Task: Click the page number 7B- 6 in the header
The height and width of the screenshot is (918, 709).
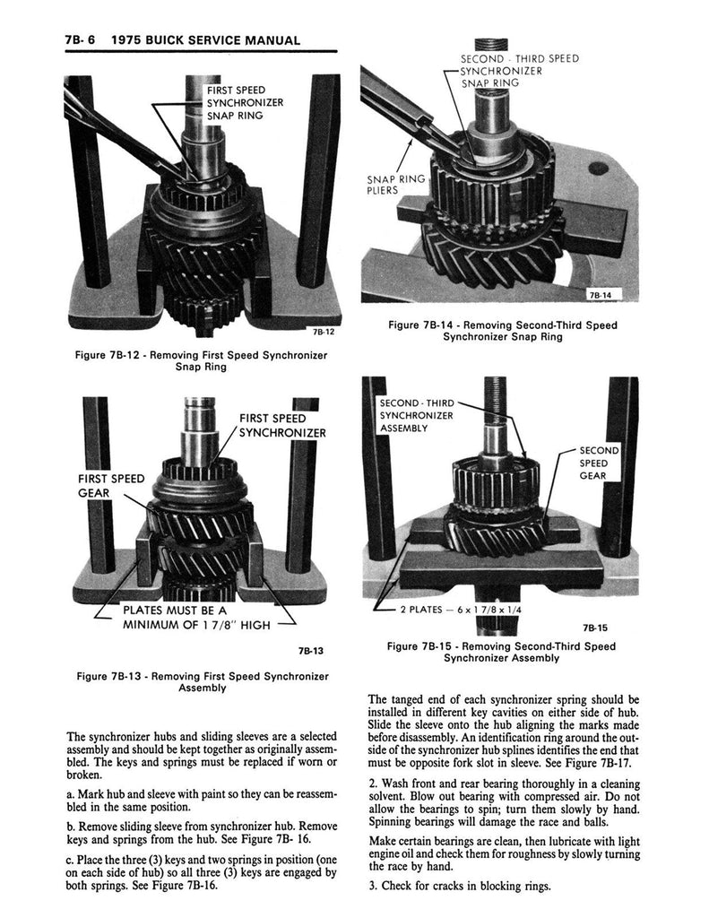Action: [x=80, y=40]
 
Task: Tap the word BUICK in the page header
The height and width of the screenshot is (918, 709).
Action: [x=167, y=40]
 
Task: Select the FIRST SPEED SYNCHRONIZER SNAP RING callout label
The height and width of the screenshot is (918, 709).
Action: [x=245, y=102]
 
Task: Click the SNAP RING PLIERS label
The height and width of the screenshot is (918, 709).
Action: [x=396, y=185]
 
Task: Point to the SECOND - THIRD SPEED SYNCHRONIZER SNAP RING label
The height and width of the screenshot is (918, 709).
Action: [x=519, y=71]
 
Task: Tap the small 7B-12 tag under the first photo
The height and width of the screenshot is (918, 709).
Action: [x=324, y=332]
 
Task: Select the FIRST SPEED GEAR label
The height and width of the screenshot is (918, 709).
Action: [x=111, y=486]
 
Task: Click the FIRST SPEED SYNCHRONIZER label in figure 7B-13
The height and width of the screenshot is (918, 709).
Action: [x=282, y=426]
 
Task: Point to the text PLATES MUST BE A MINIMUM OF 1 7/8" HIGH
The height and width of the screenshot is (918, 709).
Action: [x=196, y=618]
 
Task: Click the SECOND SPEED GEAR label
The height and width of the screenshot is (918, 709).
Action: [x=599, y=463]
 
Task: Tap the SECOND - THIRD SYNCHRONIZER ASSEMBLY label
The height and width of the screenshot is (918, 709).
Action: [x=416, y=415]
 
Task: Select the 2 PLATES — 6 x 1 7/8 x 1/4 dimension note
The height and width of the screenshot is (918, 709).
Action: [x=461, y=610]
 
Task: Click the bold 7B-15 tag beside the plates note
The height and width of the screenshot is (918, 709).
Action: [x=595, y=628]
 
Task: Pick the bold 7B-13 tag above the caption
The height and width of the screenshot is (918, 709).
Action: [x=310, y=651]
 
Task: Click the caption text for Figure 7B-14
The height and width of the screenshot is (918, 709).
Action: [x=502, y=331]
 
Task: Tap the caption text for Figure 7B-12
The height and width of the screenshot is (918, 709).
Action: [x=201, y=360]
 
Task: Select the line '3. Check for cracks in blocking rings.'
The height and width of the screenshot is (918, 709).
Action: [x=460, y=886]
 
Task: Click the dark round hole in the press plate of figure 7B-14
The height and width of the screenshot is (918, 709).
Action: [x=598, y=169]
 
